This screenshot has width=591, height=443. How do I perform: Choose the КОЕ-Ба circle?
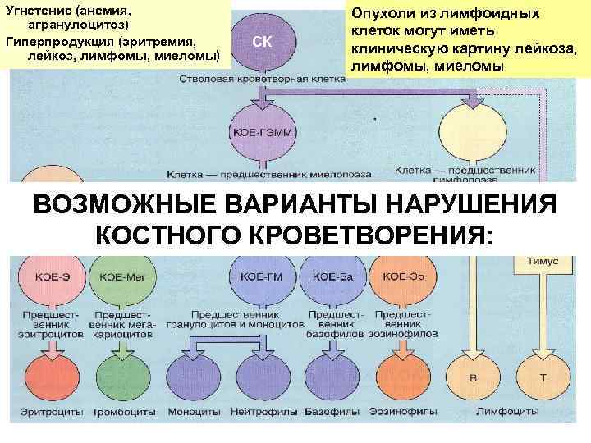[x=332, y=276]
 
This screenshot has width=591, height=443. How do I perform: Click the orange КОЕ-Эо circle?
[x=400, y=276]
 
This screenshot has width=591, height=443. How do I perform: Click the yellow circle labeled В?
[x=471, y=377]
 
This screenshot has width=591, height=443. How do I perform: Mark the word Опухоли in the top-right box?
[x=389, y=15]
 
